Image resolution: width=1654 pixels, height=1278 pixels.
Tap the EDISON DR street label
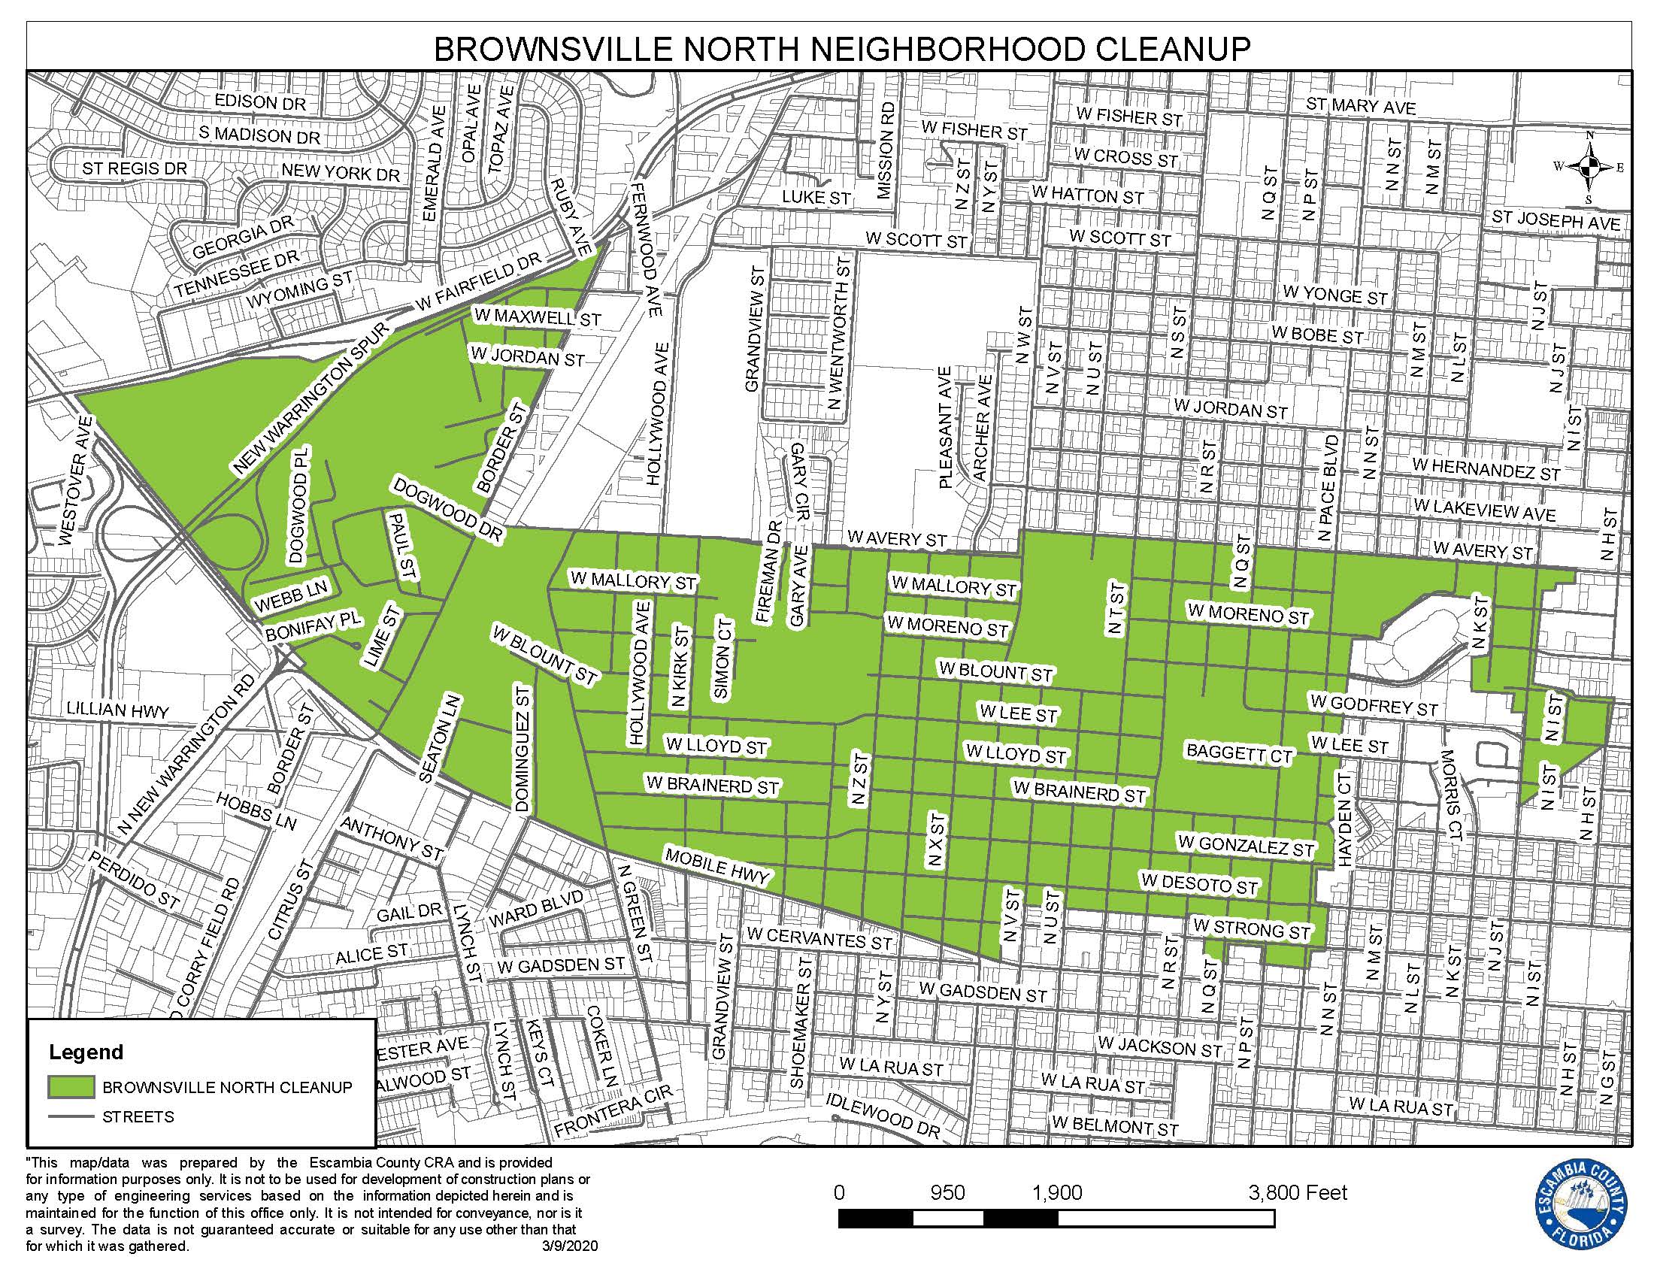[260, 101]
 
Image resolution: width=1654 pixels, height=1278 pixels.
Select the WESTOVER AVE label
[75, 481]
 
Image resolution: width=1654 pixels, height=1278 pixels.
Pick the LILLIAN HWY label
[117, 711]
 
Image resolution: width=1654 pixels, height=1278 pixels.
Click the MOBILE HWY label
[716, 865]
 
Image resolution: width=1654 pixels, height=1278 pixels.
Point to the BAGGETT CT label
[1239, 753]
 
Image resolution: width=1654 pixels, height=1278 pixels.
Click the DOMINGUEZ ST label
[523, 749]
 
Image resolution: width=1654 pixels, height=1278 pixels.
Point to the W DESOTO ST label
[1200, 883]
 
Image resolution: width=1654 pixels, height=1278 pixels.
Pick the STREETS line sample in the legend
[71, 1116]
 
